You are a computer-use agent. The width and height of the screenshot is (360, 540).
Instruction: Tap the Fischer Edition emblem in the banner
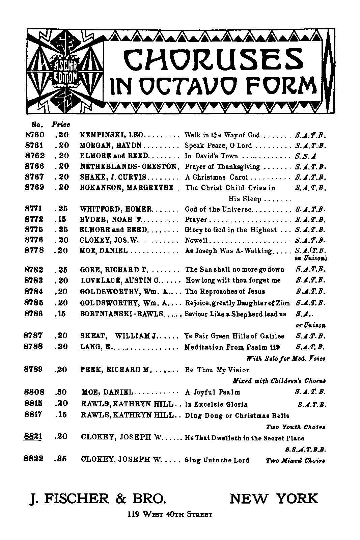click(x=64, y=72)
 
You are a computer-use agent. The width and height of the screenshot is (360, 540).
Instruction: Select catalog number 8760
click(x=35, y=135)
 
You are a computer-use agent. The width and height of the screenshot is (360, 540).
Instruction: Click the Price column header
click(x=61, y=124)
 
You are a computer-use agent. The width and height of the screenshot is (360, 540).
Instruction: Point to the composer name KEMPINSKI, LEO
click(x=112, y=135)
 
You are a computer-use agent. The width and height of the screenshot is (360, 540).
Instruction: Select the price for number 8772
click(x=61, y=219)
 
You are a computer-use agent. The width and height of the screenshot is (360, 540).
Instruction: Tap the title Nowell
click(x=196, y=241)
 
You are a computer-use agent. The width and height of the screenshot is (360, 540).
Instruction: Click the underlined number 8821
click(x=33, y=437)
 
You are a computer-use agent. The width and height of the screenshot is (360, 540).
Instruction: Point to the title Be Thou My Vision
click(x=218, y=370)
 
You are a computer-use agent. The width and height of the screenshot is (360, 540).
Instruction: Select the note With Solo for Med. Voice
click(x=286, y=359)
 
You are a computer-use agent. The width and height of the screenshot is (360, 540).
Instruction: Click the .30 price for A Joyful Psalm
click(x=61, y=392)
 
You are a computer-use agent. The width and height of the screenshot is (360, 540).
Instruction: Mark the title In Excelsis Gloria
click(x=216, y=404)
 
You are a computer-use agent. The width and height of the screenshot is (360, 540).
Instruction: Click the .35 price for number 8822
click(x=61, y=459)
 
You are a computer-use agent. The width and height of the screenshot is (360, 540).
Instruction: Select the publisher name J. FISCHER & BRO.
click(x=98, y=498)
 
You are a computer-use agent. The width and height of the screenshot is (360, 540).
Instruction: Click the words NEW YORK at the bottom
click(x=274, y=498)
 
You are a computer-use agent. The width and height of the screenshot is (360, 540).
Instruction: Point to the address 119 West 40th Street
click(x=170, y=515)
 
